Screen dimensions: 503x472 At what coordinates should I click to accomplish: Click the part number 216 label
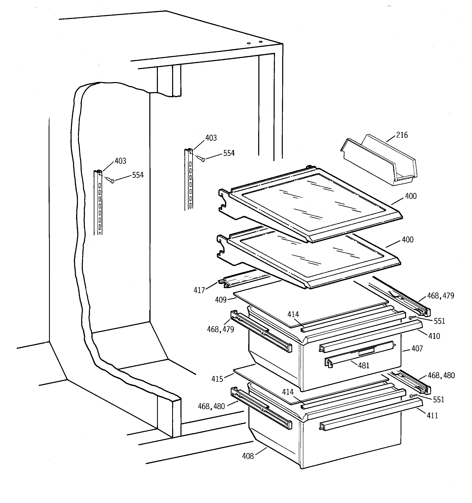tap(402, 135)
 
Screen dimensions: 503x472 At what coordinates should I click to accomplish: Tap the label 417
tap(199, 290)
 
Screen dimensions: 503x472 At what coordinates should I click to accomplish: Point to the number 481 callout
tap(363, 365)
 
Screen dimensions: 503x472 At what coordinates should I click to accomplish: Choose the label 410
tap(434, 336)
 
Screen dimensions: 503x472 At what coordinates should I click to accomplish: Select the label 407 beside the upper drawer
tap(417, 349)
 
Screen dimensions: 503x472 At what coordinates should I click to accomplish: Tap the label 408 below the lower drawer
tap(248, 456)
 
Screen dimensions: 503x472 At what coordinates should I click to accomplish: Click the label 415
tap(217, 379)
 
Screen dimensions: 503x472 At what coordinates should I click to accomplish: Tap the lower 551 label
tap(439, 400)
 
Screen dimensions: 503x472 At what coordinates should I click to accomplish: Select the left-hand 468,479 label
tap(220, 329)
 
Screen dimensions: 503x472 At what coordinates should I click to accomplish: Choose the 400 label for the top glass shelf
tap(410, 196)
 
